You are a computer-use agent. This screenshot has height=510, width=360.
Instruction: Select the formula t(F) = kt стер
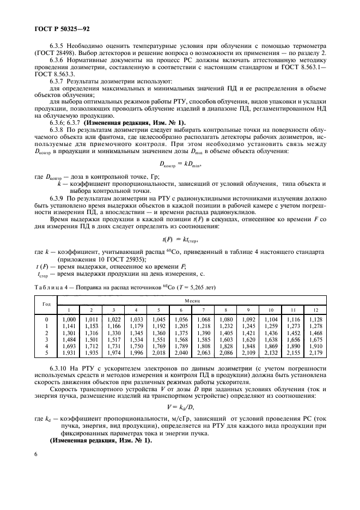click(x=179, y=240)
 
